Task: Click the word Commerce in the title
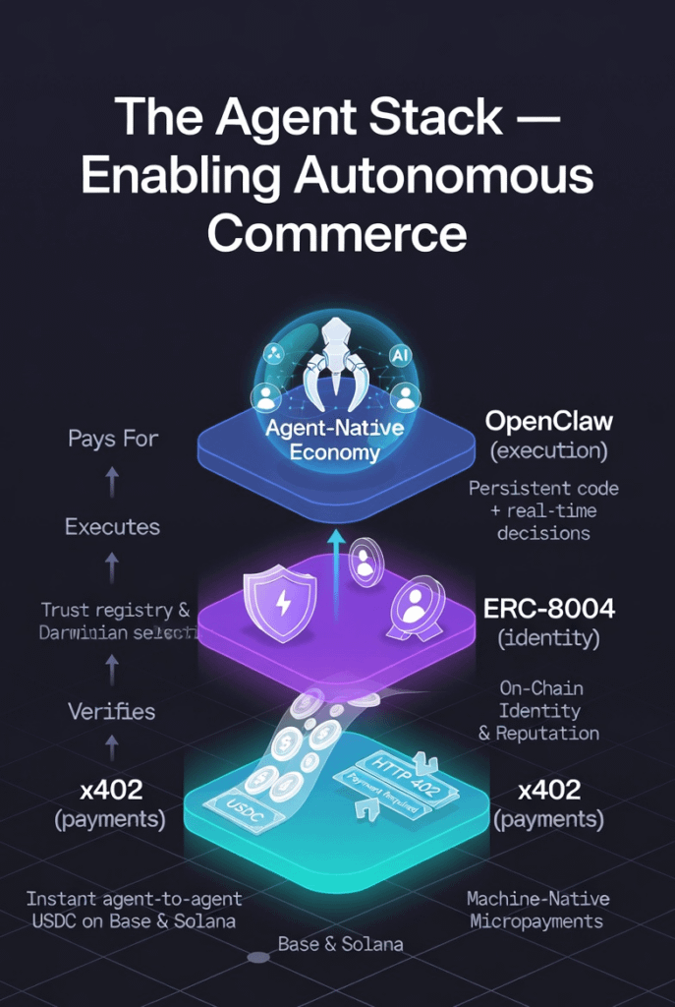pos(337,234)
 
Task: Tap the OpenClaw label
pos(548,422)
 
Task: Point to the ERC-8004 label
pos(548,609)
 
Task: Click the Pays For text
pos(113,439)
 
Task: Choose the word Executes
pos(112,526)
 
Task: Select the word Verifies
pos(111,710)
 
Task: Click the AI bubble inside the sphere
pos(401,354)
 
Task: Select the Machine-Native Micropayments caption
pos(537,910)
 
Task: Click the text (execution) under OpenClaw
pos(548,451)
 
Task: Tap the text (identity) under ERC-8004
pos(548,637)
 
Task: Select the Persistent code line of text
pos(543,489)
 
